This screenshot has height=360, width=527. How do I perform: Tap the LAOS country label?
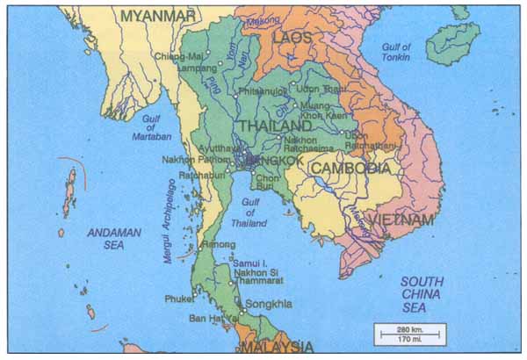point(292,39)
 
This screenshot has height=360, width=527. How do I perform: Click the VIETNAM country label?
point(401,219)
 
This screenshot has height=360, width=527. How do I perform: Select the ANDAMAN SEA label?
point(112,239)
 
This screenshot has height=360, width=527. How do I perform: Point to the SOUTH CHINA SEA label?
point(422,295)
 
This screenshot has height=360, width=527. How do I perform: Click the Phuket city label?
point(180,299)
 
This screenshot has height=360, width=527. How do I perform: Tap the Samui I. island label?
point(253,263)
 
